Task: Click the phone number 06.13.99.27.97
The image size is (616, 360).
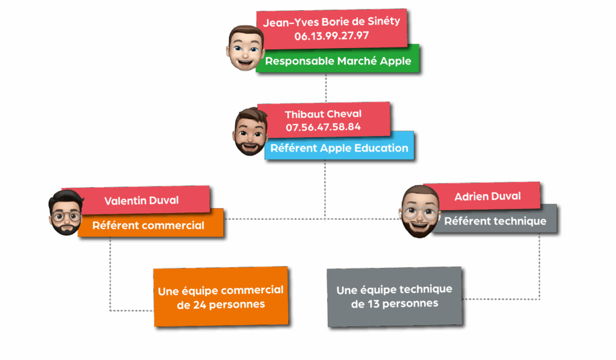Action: pyautogui.click(x=331, y=36)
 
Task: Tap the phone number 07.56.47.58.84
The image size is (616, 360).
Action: pyautogui.click(x=323, y=127)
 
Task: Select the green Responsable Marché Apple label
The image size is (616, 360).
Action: pyautogui.click(x=337, y=61)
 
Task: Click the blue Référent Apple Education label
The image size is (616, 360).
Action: pyautogui.click(x=339, y=148)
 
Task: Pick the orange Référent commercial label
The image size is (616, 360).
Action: pyautogui.click(x=149, y=226)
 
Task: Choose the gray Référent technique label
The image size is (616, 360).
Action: pyautogui.click(x=495, y=221)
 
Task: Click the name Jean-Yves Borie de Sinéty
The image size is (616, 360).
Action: pyautogui.click(x=331, y=22)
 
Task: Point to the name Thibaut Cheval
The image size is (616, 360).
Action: pyautogui.click(x=323, y=114)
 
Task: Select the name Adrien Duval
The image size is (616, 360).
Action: pyautogui.click(x=488, y=196)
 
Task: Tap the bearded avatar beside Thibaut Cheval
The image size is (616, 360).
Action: pyautogui.click(x=250, y=131)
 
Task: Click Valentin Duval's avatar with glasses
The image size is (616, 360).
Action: pyautogui.click(x=65, y=212)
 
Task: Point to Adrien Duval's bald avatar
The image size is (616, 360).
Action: pyautogui.click(x=419, y=211)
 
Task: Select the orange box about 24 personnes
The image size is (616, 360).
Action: pyautogui.click(x=221, y=297)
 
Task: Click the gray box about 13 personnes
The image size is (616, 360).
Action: pyautogui.click(x=395, y=297)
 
